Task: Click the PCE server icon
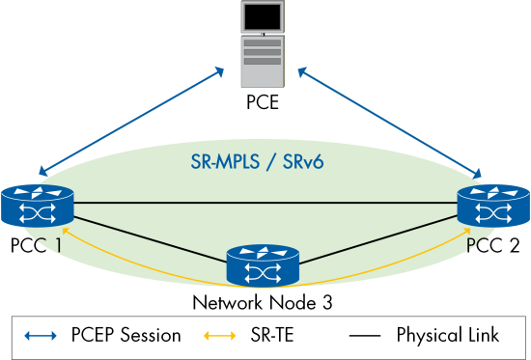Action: (262, 41)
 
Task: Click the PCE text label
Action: (262, 99)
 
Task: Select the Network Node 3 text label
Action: (262, 302)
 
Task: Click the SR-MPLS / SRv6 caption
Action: (262, 158)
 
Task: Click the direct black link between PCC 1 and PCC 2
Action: (262, 203)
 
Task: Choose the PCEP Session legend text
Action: (125, 336)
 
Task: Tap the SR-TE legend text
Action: (272, 336)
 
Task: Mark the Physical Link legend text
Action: (447, 336)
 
